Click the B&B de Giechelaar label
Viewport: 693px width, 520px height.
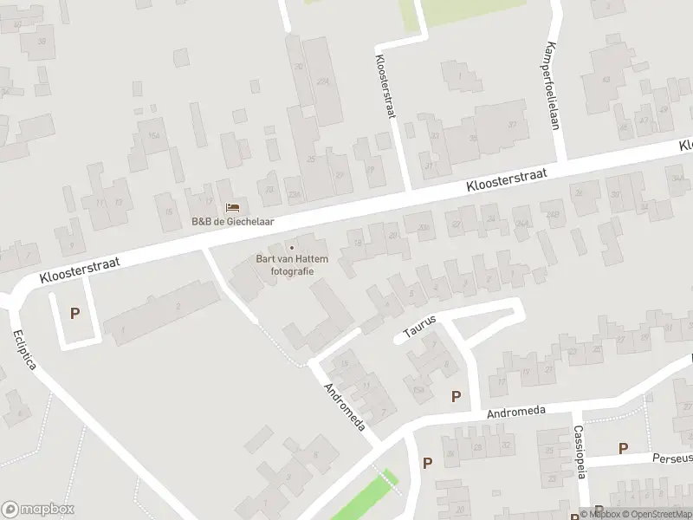click(x=232, y=221)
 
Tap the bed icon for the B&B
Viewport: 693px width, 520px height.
click(x=232, y=208)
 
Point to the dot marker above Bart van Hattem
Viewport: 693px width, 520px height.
click(x=291, y=246)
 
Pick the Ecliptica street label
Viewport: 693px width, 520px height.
click(x=25, y=348)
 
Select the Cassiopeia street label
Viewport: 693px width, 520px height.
click(x=580, y=451)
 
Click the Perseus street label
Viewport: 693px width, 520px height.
click(x=672, y=458)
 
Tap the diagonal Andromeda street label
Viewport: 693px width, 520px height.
click(x=345, y=406)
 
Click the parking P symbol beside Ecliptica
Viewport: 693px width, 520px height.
click(x=74, y=314)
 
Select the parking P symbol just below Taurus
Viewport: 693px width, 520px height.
click(x=456, y=396)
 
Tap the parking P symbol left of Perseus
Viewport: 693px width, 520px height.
click(x=622, y=447)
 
